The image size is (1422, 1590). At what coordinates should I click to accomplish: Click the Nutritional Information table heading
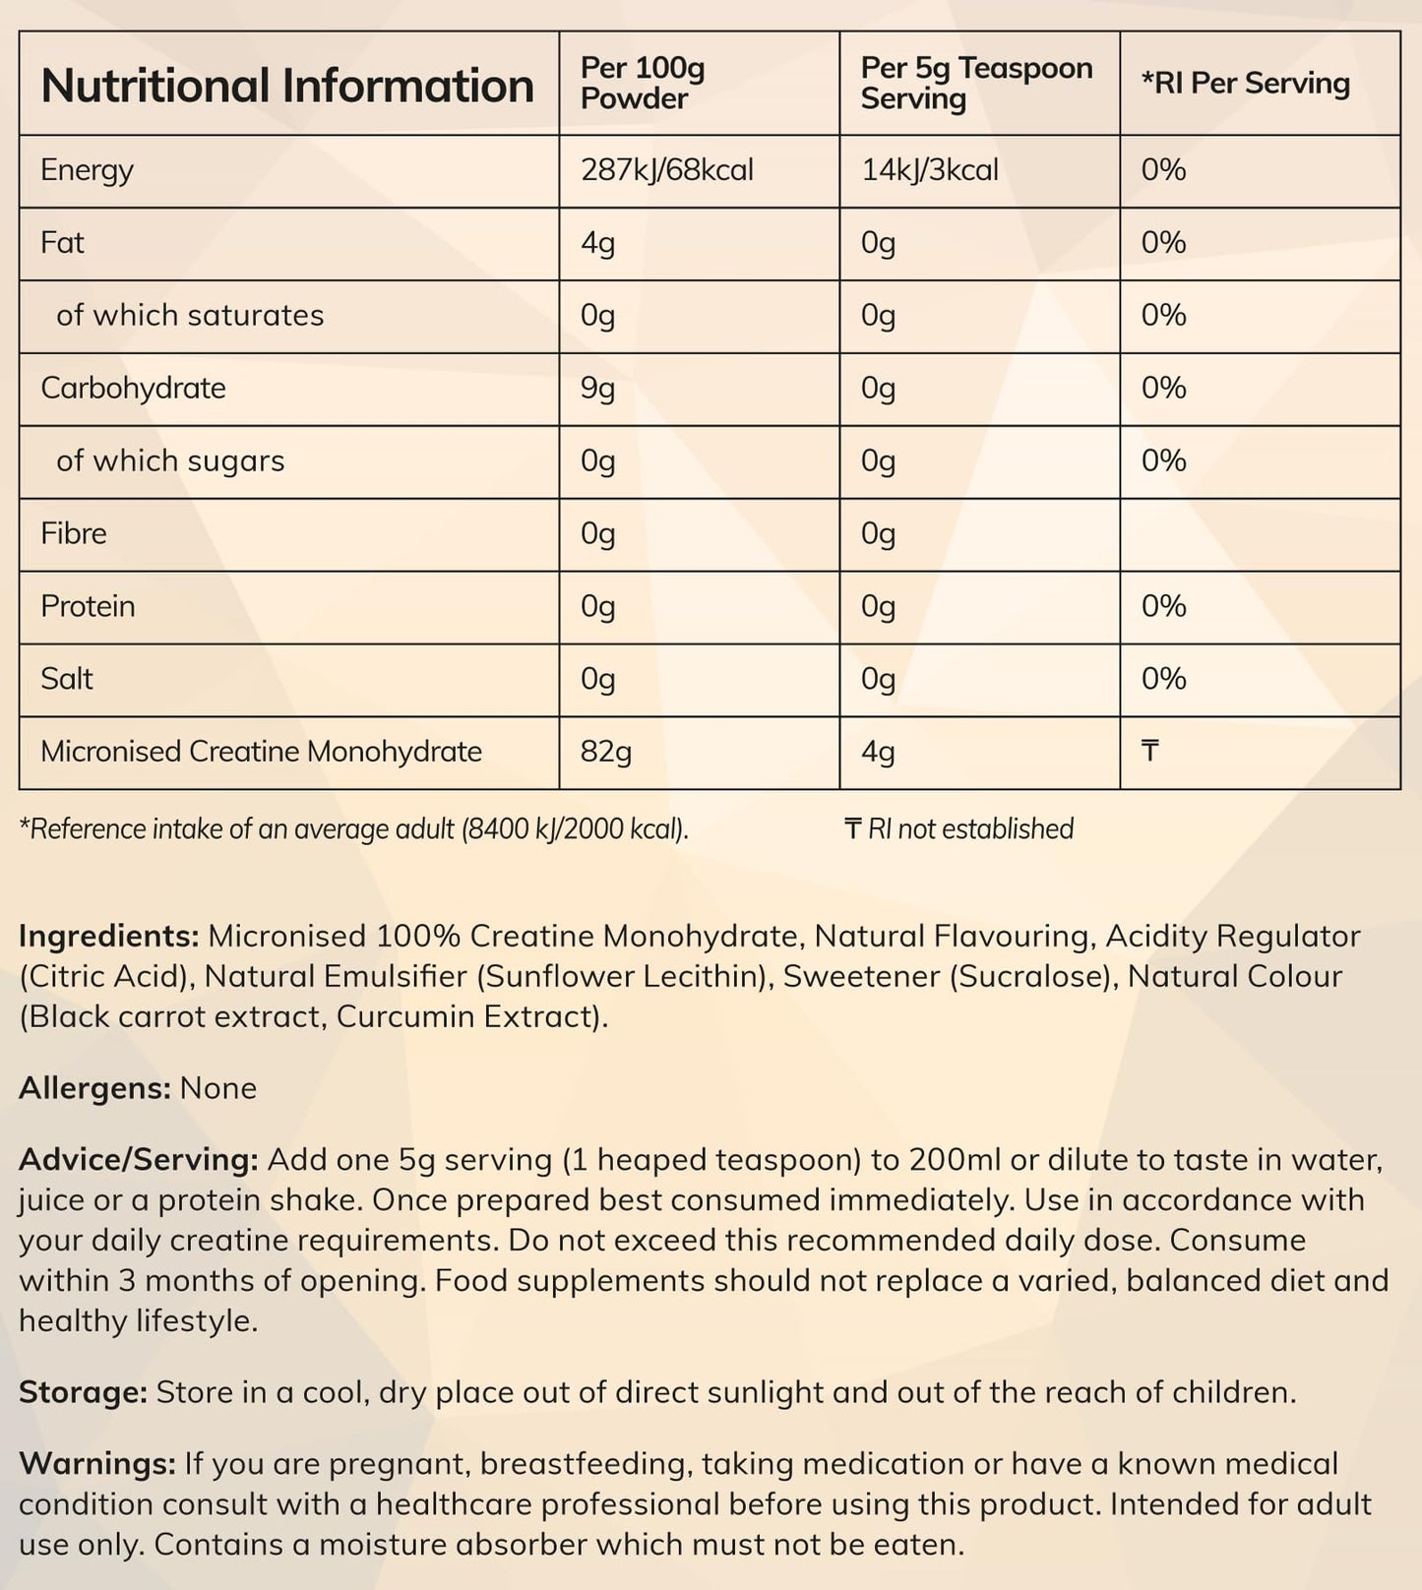tap(287, 86)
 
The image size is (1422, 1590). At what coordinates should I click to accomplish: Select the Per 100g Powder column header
tap(643, 84)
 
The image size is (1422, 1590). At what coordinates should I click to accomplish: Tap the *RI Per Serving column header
tap(1245, 84)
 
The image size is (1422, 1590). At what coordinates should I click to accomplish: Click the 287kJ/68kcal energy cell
tap(666, 170)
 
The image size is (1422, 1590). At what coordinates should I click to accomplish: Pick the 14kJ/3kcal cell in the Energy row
tap(929, 170)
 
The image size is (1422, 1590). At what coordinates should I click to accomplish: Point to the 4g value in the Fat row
tap(597, 243)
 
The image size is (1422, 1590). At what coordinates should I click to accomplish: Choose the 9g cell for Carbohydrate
tap(597, 389)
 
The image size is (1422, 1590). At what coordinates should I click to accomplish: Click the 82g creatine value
tap(605, 753)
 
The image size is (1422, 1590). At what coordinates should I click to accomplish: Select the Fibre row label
tap(74, 534)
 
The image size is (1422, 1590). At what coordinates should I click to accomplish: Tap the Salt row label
tap(67, 680)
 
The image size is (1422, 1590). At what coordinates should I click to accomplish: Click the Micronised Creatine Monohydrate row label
tap(261, 753)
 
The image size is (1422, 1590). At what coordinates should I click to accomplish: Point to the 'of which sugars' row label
tap(170, 461)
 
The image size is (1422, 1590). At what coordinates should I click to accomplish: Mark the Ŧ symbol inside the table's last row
tap(1149, 753)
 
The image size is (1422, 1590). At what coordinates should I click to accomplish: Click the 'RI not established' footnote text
tap(969, 829)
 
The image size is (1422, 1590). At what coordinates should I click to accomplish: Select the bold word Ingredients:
tap(109, 936)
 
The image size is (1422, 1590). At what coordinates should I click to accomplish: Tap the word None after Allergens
tap(218, 1088)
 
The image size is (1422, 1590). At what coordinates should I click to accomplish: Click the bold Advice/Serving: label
tap(138, 1160)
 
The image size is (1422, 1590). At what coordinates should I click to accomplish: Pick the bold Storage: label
tap(83, 1393)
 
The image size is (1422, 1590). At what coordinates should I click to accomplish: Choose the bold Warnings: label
tap(96, 1464)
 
